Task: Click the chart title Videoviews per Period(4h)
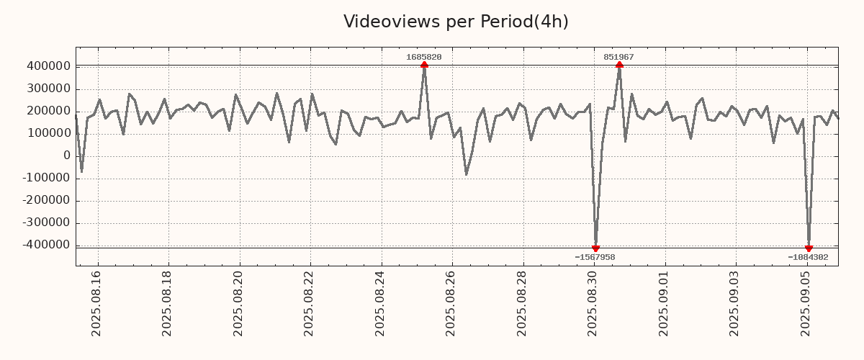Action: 456,22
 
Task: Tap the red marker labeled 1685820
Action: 424,66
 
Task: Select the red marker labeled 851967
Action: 619,66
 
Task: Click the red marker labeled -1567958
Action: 595,248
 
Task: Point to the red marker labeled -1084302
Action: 809,248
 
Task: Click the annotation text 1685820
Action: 424,57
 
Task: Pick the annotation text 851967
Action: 619,57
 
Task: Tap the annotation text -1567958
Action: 595,257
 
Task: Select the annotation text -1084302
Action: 808,257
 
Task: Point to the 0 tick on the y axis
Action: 67,156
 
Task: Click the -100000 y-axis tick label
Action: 46,178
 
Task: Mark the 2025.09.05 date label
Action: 806,303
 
